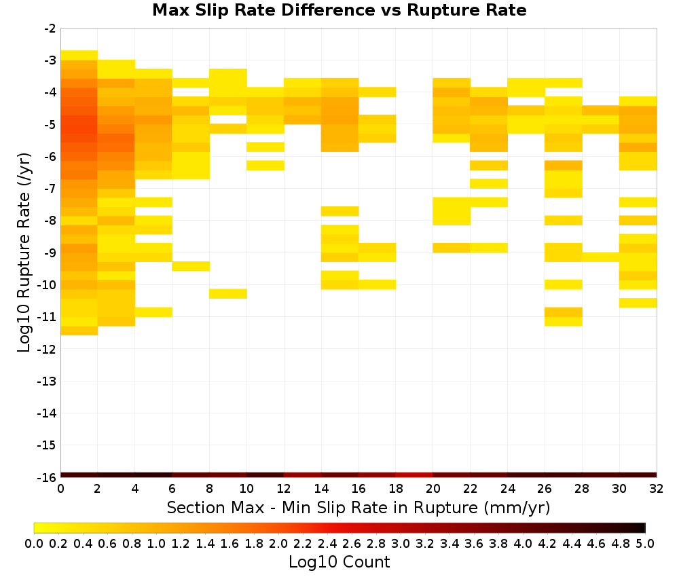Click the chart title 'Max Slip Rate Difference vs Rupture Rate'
point(339,10)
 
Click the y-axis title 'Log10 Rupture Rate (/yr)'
point(24,253)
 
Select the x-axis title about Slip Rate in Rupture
point(358,507)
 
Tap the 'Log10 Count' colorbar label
point(339,562)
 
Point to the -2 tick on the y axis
point(50,29)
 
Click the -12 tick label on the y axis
point(47,349)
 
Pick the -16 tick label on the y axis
point(47,477)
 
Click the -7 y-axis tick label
point(50,189)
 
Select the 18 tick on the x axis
point(396,489)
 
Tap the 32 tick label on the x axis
point(657,489)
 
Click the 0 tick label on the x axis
point(60,489)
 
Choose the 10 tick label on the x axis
point(246,489)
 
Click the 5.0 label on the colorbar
point(645,543)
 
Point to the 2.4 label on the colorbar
point(327,543)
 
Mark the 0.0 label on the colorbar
point(34,543)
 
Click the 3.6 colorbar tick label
point(474,543)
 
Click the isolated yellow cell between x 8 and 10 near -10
point(228,293)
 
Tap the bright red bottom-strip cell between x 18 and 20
point(414,475)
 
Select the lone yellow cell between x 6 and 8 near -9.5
point(191,266)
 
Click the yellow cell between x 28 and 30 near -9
point(601,257)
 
